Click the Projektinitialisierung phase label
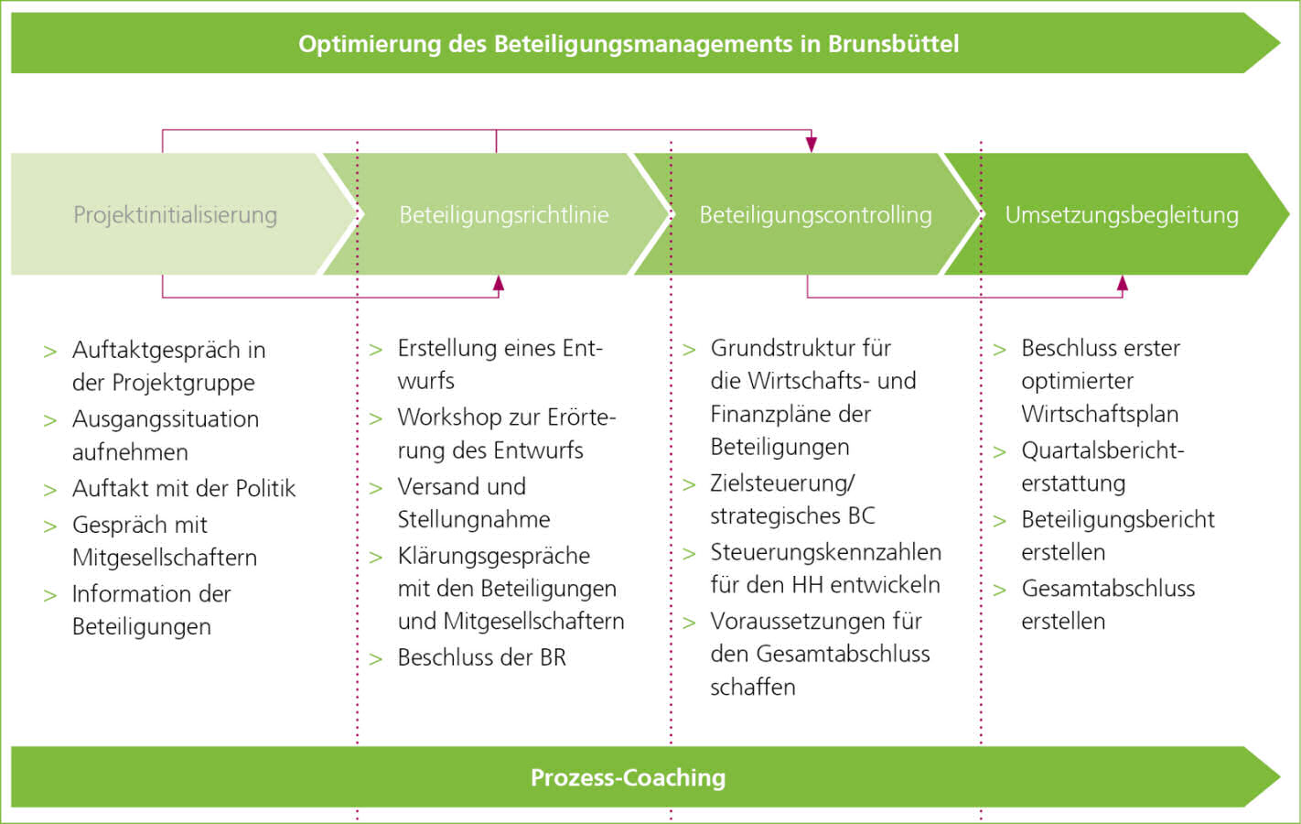175,215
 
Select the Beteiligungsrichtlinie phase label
503,215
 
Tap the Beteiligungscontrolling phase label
815,215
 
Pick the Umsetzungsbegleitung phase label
1122,215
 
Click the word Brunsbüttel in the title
893,44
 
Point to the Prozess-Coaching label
628,777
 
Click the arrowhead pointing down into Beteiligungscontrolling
811,145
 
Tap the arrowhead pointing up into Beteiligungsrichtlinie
498,283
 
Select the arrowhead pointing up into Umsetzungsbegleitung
1122,283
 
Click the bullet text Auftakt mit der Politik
183,489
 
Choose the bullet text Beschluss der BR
481,657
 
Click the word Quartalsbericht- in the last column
1102,450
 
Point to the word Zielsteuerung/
782,483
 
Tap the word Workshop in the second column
449,417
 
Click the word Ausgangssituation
166,419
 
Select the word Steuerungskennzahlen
825,552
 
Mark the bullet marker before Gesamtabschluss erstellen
1000,591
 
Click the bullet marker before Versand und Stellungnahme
375,489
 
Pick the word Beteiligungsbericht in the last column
1118,520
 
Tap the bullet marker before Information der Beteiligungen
50,596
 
